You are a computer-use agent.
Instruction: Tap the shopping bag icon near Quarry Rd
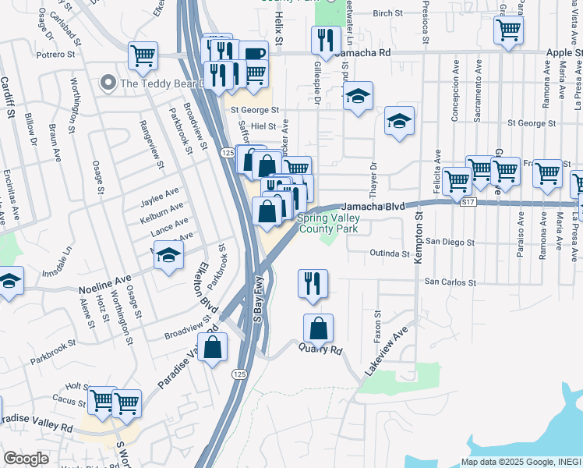(318, 329)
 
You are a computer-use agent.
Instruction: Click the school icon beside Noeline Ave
(168, 256)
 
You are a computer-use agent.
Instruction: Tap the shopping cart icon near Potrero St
(143, 56)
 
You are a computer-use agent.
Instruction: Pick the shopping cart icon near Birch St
(508, 31)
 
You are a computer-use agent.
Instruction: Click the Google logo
(26, 459)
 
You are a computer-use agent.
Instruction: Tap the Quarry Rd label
(320, 350)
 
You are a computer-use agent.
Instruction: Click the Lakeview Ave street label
(387, 347)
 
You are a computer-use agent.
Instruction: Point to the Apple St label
(564, 52)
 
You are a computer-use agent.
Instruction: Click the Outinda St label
(390, 253)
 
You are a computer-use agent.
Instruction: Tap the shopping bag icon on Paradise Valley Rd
(213, 347)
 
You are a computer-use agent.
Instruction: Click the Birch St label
(387, 13)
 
